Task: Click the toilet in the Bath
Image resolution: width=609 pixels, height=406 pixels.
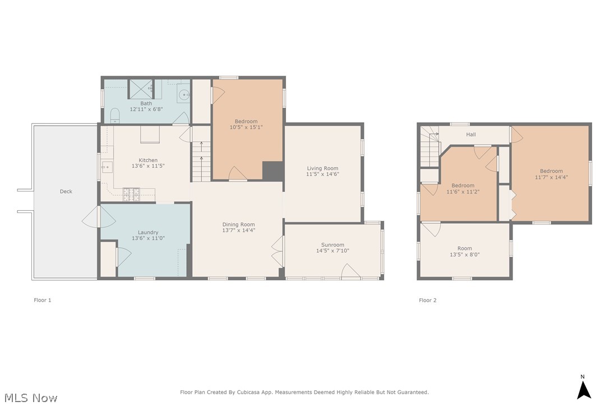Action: pos(115,116)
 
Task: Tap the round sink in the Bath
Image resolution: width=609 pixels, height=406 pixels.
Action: pos(183,95)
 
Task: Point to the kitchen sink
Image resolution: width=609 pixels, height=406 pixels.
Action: pos(107,166)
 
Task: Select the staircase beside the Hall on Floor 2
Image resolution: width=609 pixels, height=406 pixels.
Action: pos(430,147)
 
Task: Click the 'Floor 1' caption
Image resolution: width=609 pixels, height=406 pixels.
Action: pos(43,301)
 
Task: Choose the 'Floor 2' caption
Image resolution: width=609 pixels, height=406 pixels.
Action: pos(427,301)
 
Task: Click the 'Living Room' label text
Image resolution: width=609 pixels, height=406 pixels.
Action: pos(322,168)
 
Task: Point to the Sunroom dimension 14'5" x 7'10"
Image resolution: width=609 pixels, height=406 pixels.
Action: pos(333,251)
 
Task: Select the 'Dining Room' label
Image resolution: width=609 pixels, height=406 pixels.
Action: pos(238,225)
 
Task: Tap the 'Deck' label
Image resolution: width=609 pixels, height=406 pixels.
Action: pos(66,192)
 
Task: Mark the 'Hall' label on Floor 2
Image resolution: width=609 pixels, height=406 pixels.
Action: pos(470,135)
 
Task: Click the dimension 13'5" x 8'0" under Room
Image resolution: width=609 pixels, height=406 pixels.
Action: pos(464,255)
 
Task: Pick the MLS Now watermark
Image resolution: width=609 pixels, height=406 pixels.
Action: pos(29,398)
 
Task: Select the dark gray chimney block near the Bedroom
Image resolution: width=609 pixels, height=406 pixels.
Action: pos(273,171)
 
